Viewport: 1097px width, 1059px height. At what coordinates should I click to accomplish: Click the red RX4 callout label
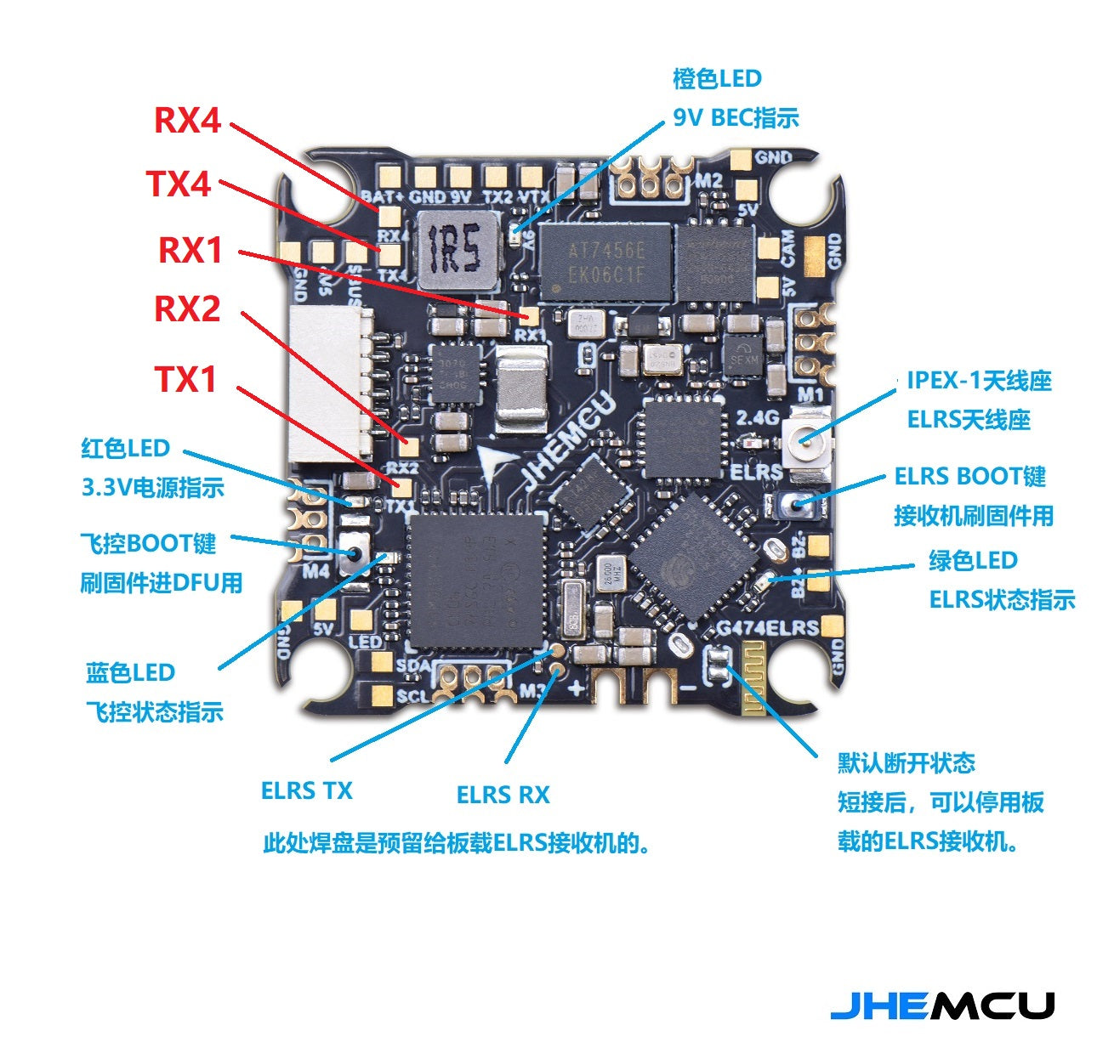[187, 120]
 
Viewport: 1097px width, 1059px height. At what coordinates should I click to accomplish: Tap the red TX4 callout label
[179, 184]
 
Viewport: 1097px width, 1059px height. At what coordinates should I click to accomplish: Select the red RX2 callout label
[187, 309]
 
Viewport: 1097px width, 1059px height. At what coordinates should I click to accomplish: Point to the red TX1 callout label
[185, 379]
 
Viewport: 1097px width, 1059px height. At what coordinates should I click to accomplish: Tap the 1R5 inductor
[458, 249]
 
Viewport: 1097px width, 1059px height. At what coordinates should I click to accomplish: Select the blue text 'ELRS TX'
[306, 790]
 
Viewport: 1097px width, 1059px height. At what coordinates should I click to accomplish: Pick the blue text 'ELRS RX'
[503, 796]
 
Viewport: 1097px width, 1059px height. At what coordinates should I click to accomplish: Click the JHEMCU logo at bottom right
[942, 1005]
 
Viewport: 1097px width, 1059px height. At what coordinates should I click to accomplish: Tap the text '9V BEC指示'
[736, 117]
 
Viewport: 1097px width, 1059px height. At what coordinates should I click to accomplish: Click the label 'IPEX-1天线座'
[979, 380]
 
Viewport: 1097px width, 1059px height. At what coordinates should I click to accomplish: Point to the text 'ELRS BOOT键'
[969, 476]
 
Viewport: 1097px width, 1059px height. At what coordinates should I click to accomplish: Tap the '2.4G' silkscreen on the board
[757, 417]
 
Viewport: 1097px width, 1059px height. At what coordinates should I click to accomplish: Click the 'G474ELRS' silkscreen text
[767, 628]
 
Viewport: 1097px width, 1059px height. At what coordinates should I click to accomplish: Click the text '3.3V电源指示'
[153, 488]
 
